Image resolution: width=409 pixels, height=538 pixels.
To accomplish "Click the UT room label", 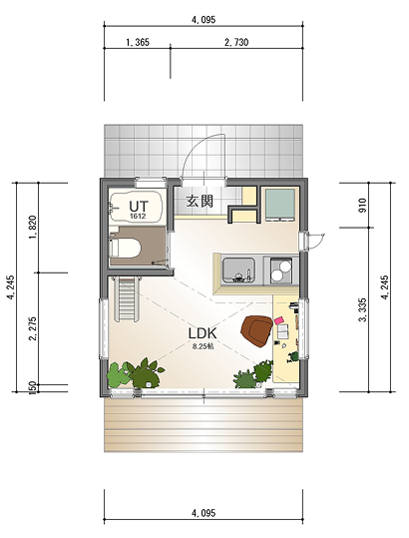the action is click(139, 207).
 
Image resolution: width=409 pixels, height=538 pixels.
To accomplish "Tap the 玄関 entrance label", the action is click(200, 201).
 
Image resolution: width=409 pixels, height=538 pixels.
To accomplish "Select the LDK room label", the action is click(203, 333).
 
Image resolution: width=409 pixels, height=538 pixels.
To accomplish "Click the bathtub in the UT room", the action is click(136, 206).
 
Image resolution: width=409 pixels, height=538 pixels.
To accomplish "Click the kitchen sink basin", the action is click(238, 270).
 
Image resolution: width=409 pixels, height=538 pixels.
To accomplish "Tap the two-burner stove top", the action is click(281, 270).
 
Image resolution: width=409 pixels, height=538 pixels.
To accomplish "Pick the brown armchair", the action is click(256, 330).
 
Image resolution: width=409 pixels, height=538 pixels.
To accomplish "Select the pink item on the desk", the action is click(279, 320).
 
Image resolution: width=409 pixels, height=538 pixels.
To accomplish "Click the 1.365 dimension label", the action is click(138, 42).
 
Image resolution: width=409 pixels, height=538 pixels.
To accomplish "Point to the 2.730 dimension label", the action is click(236, 42).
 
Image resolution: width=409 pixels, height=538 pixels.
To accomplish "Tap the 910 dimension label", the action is click(362, 206).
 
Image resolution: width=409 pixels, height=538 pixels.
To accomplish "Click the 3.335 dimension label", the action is click(362, 310).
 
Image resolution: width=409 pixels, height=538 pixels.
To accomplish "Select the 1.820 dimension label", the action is click(32, 228).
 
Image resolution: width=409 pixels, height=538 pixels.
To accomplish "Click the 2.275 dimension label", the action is click(33, 328).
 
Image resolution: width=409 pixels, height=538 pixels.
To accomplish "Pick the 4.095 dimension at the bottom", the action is click(204, 513).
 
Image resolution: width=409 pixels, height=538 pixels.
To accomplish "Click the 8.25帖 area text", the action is click(203, 346).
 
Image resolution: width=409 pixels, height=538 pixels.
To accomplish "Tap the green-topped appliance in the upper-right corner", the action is click(280, 206).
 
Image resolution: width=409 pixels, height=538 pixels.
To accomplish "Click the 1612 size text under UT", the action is click(138, 217).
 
